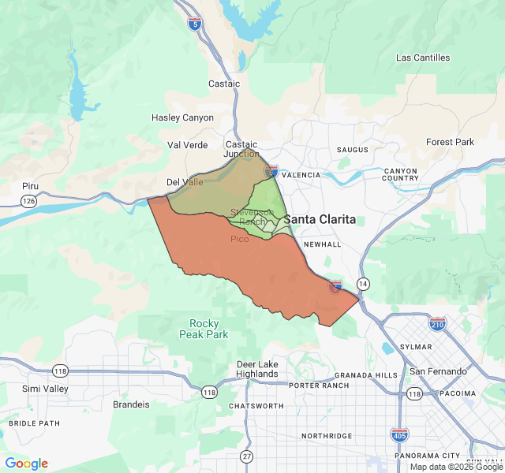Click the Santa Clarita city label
pos(320,219)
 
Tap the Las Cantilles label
pos(423,58)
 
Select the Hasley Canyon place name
pos(182,117)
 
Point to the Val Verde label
pos(188,145)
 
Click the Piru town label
pos(30,186)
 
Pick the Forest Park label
pos(451,142)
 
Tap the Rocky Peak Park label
pos(209,329)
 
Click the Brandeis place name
pos(131,404)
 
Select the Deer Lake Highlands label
pos(257,369)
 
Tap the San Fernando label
pos(438,371)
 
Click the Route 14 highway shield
pos(363,283)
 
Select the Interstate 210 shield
pos(438,324)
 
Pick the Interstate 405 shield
pos(399,434)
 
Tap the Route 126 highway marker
pos(29,202)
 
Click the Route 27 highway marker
pos(247,456)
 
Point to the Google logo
pos(26,464)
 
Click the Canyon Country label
pos(401,174)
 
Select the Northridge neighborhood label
pos(326,436)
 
